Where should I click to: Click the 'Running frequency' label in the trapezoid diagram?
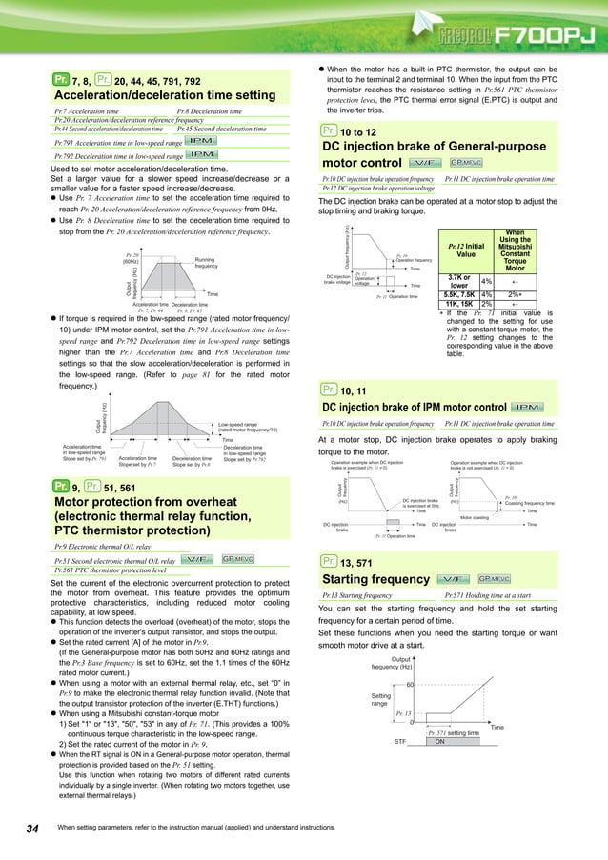(211, 262)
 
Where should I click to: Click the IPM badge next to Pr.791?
(201, 141)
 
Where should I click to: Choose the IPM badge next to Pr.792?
(201, 154)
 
